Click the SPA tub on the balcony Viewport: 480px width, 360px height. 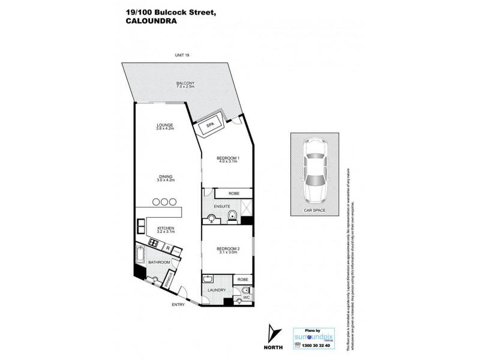210,125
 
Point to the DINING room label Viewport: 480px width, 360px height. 165,178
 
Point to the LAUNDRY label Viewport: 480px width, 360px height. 216,290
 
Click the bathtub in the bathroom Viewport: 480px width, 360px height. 140,256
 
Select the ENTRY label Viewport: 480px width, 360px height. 178,305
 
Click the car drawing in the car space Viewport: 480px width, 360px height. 316,170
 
